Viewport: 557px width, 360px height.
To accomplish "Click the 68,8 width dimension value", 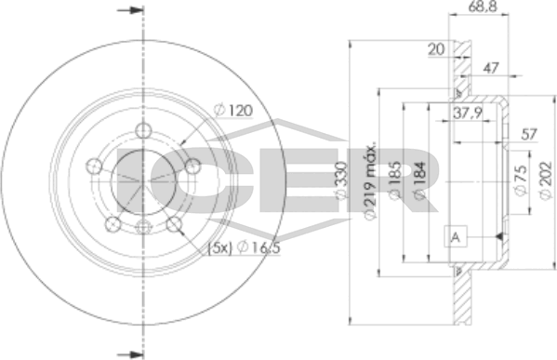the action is [482, 7].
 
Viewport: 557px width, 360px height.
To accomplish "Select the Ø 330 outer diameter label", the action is [341, 180].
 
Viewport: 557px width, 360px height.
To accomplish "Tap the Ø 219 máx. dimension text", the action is [370, 181].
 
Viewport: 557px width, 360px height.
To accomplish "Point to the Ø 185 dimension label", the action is [395, 180].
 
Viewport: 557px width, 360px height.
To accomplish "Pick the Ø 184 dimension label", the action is [419, 180].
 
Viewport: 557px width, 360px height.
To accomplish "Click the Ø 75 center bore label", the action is [521, 180].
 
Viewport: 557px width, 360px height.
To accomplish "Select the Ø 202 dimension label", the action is [546, 180].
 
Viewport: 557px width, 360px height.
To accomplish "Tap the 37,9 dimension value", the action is [468, 113].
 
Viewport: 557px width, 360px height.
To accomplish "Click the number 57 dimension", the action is [529, 134].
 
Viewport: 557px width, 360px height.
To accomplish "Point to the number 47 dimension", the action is [491, 68].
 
